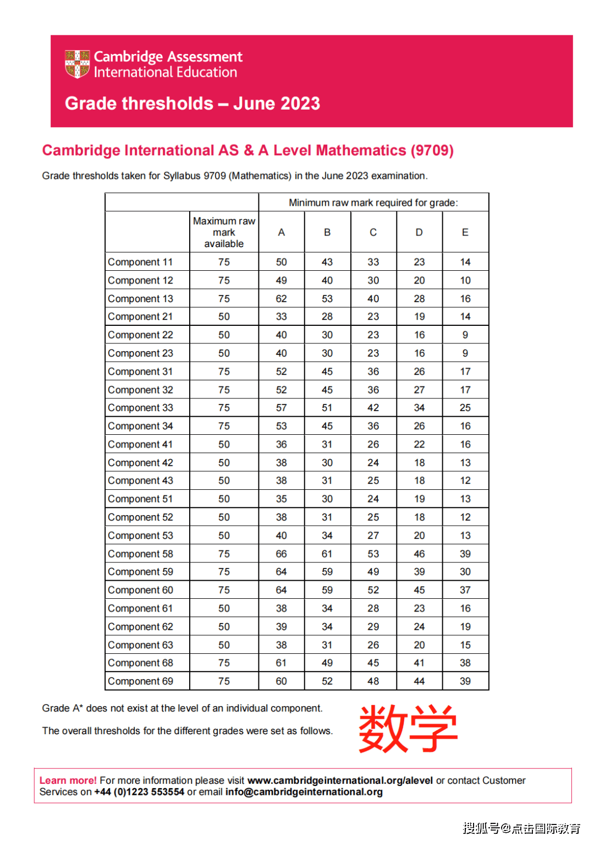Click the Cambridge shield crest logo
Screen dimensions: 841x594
(77, 64)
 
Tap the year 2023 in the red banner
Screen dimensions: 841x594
(299, 103)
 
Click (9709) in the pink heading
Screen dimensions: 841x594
(432, 151)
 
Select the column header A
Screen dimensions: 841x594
(281, 232)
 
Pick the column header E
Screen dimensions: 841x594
(465, 232)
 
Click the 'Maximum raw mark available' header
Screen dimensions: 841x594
(224, 232)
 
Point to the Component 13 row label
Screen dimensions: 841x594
(140, 299)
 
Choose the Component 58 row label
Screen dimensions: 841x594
(140, 554)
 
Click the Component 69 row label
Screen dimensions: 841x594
(140, 681)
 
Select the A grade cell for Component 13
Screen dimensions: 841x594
(281, 299)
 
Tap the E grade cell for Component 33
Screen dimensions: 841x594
(465, 408)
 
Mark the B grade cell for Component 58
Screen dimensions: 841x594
(327, 554)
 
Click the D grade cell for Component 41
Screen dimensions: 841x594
(419, 444)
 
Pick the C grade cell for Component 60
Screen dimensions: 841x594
(373, 590)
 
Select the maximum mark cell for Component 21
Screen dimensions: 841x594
(224, 316)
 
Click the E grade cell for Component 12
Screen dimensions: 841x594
(465, 280)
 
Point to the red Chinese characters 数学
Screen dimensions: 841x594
(408, 729)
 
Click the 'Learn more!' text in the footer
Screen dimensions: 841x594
(68, 780)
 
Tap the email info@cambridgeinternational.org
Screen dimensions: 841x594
(304, 792)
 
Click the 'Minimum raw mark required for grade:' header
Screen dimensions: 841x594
(373, 203)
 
